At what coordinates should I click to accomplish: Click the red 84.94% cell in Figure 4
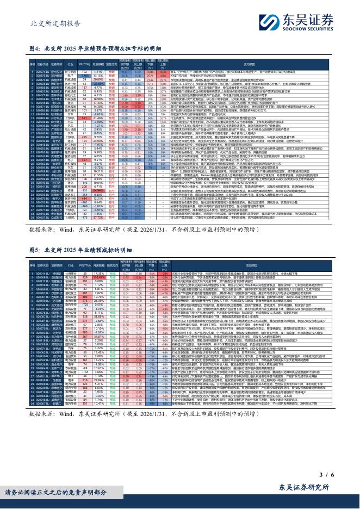(x=98, y=191)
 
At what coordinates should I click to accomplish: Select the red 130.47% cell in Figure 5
(x=98, y=277)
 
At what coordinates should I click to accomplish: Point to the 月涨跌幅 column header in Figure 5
(x=98, y=265)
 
